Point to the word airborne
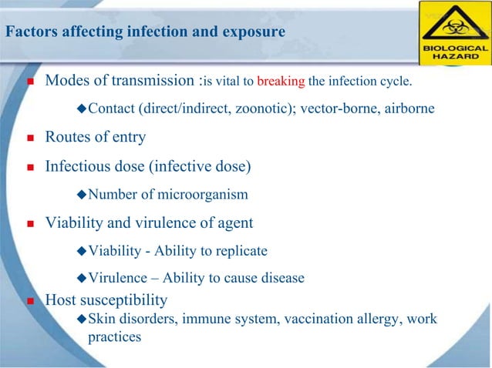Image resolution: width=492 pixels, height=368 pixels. point(408,109)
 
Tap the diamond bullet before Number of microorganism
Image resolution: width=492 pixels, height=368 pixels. point(83,195)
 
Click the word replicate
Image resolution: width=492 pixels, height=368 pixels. point(241,251)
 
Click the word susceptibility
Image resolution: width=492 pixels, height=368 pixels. point(123,300)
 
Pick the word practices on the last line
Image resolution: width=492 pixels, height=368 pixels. point(115,336)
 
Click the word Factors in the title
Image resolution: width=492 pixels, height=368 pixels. point(28,32)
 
